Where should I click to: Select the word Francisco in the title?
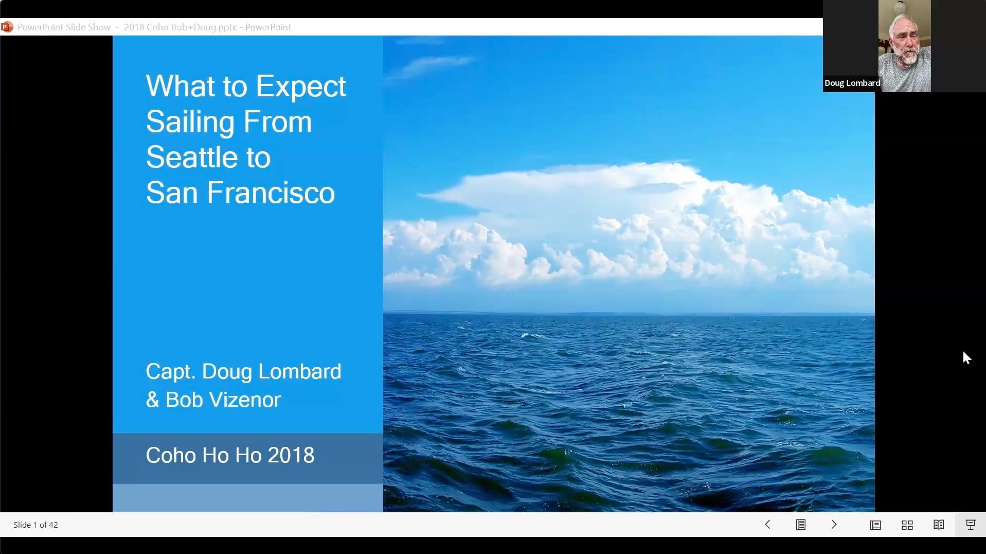pos(271,193)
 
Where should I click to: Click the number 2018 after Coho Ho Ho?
pos(291,455)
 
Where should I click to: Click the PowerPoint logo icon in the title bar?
pos(7,27)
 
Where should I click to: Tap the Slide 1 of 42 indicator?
pos(35,525)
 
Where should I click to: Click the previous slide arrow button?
pos(767,524)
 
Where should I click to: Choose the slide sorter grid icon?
pos(907,525)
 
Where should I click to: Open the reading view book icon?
pos(939,525)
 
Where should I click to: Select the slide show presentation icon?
pos(971,525)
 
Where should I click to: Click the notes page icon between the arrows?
pos(801,525)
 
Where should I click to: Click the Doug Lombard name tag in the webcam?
pos(852,83)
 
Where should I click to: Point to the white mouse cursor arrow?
pos(966,358)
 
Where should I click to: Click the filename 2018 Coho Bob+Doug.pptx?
pos(180,27)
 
